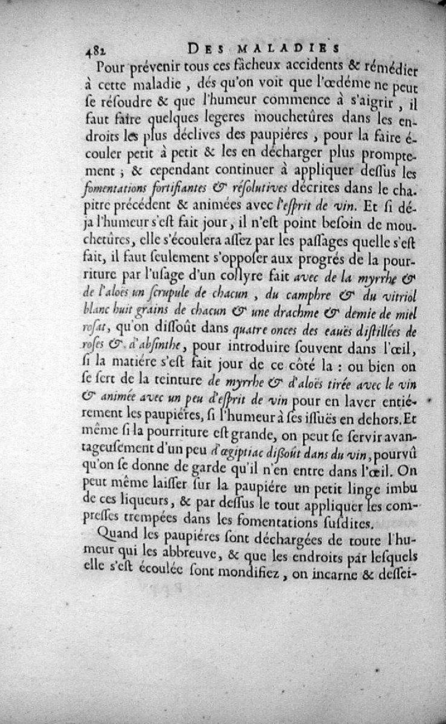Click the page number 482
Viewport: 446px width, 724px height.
(x=95, y=49)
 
